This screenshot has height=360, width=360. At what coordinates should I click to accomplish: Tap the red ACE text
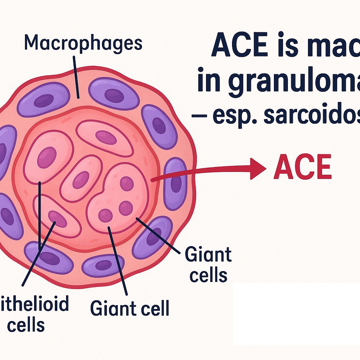click(x=303, y=167)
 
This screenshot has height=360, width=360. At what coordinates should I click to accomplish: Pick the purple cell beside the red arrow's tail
click(x=175, y=183)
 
